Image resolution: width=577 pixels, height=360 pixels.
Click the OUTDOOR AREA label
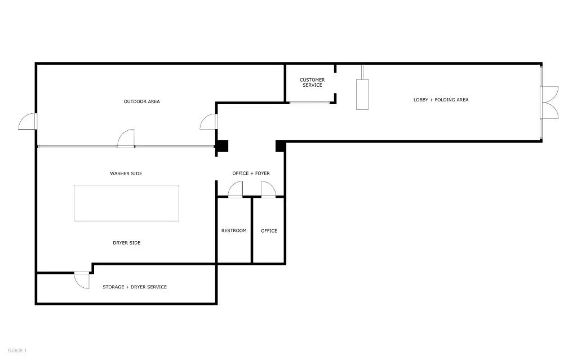click(x=141, y=101)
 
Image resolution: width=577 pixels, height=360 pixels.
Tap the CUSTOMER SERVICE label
click(x=312, y=82)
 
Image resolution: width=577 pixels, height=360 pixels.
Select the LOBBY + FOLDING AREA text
click(x=441, y=100)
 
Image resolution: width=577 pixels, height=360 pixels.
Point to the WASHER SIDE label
click(x=126, y=174)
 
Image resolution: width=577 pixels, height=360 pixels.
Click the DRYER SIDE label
click(x=127, y=243)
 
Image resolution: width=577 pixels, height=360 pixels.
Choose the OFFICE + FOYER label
click(x=251, y=174)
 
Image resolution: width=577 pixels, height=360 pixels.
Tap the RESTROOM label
click(x=234, y=231)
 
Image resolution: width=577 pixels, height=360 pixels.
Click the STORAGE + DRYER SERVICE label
click(x=135, y=287)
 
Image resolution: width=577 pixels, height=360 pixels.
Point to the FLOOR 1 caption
click(x=17, y=351)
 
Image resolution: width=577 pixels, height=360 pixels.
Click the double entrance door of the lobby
click(x=551, y=103)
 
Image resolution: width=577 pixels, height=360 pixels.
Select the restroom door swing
click(x=236, y=189)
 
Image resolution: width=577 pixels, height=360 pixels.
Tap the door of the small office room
click(x=268, y=189)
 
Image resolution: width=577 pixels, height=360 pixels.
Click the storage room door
click(x=82, y=281)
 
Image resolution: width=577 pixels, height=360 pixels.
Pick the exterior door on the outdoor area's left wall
click(x=28, y=122)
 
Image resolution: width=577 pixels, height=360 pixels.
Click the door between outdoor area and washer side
click(x=126, y=139)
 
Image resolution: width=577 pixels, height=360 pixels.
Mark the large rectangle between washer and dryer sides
click(x=127, y=203)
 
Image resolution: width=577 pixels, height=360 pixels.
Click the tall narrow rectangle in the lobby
click(x=362, y=95)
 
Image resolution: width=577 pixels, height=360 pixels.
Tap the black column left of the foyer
click(x=221, y=146)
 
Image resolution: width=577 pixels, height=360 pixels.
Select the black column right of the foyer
click(x=281, y=146)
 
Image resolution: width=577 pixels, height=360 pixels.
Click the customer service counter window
click(x=309, y=103)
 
